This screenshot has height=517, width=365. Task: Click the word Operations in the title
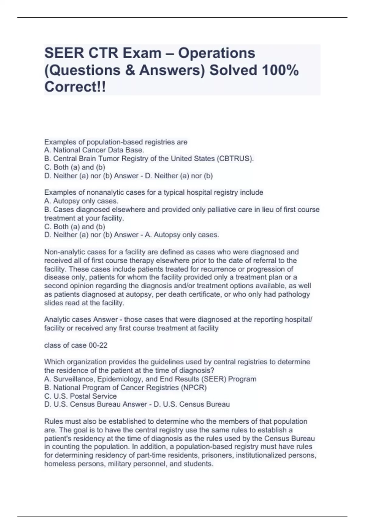tap(217, 53)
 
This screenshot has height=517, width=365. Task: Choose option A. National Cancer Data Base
tap(94, 150)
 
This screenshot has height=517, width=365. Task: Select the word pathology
tap(294, 294)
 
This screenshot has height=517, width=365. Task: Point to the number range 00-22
tap(98, 345)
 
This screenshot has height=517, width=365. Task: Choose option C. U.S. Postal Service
tap(80, 396)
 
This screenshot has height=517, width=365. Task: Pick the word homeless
tap(58, 464)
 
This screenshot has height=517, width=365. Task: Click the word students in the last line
tap(198, 464)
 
